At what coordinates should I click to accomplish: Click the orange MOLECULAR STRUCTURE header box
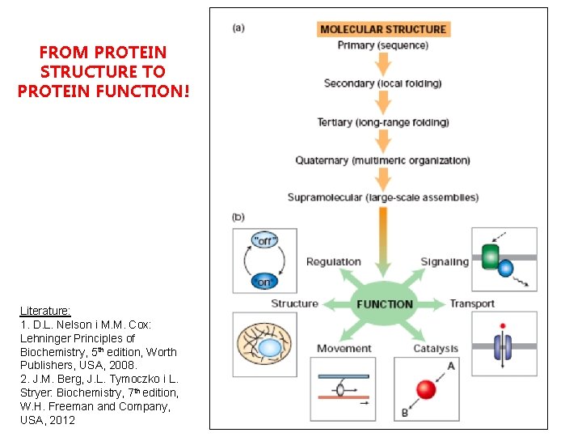tap(383, 29)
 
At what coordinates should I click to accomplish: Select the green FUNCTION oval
tap(385, 304)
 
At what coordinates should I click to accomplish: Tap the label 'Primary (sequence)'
tap(383, 45)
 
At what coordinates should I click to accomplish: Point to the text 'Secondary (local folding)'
tap(383, 83)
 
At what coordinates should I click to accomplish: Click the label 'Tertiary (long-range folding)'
tap(383, 122)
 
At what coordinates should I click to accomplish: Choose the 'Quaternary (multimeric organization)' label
tap(383, 160)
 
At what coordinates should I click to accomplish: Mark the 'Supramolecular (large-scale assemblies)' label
tap(383, 197)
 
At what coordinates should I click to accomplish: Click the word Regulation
tap(333, 261)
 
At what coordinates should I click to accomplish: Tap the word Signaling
tap(445, 261)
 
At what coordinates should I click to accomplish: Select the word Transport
tap(472, 304)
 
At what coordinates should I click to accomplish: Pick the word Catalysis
tap(436, 349)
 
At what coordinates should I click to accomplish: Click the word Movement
tap(344, 349)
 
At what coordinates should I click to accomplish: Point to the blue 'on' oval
tap(264, 281)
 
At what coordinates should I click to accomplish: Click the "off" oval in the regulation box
tap(264, 240)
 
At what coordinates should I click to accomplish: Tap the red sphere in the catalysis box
tap(427, 390)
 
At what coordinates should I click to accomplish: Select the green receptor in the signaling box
tap(491, 257)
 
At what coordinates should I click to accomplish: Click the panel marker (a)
tap(239, 28)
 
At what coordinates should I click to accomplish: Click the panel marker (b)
tap(239, 217)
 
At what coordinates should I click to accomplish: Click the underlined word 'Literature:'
tap(45, 311)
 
